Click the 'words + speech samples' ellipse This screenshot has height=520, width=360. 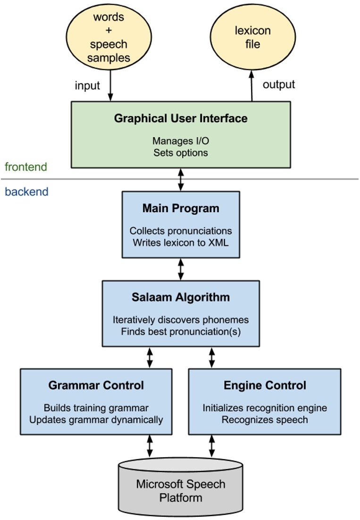pos(109,37)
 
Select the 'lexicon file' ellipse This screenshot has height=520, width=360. pos(252,37)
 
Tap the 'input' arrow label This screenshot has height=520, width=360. pos(87,85)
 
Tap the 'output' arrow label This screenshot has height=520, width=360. pos(278,84)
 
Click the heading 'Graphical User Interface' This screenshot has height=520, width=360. pos(180,118)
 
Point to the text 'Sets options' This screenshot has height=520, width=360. pos(180,152)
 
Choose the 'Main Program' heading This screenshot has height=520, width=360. pos(181,208)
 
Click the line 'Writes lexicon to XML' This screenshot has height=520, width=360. pos(181,242)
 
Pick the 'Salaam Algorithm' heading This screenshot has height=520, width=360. pos(181,297)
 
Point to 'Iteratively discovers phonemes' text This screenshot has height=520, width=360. pos(181,320)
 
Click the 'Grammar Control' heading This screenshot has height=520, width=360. pos(96,385)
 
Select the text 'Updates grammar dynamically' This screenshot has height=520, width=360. pos(96,419)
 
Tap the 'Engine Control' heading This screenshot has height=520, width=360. pos(265,385)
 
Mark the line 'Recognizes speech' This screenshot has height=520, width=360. pos(265,419)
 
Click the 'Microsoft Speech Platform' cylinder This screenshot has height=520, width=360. pos(181,490)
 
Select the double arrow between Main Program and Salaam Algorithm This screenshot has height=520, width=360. pos(181,269)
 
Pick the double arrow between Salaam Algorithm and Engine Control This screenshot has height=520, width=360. pos(212,357)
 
